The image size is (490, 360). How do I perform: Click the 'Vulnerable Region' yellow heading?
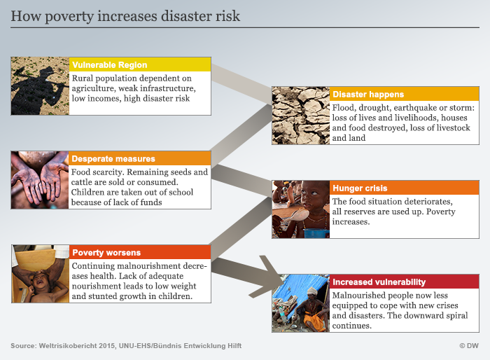pyautogui.click(x=109, y=64)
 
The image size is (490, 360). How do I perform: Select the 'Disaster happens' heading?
pyautogui.click(x=368, y=94)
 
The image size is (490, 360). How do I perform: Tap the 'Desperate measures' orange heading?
pyautogui.click(x=113, y=158)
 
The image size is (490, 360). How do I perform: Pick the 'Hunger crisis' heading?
pyautogui.click(x=360, y=188)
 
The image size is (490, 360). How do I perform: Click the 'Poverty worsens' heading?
pyautogui.click(x=106, y=252)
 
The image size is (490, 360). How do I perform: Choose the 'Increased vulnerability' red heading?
pyautogui.click(x=379, y=282)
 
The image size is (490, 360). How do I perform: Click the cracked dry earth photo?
pyautogui.click(x=300, y=116)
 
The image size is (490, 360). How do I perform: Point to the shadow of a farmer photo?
pyautogui.click(x=40, y=86)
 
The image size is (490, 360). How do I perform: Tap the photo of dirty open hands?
pyautogui.click(x=40, y=180)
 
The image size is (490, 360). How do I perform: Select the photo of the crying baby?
pyautogui.click(x=41, y=274)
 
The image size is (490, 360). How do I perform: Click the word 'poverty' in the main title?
pyautogui.click(x=69, y=17)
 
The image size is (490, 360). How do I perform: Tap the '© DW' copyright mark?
pyautogui.click(x=469, y=345)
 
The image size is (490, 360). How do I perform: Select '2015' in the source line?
pyautogui.click(x=107, y=345)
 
